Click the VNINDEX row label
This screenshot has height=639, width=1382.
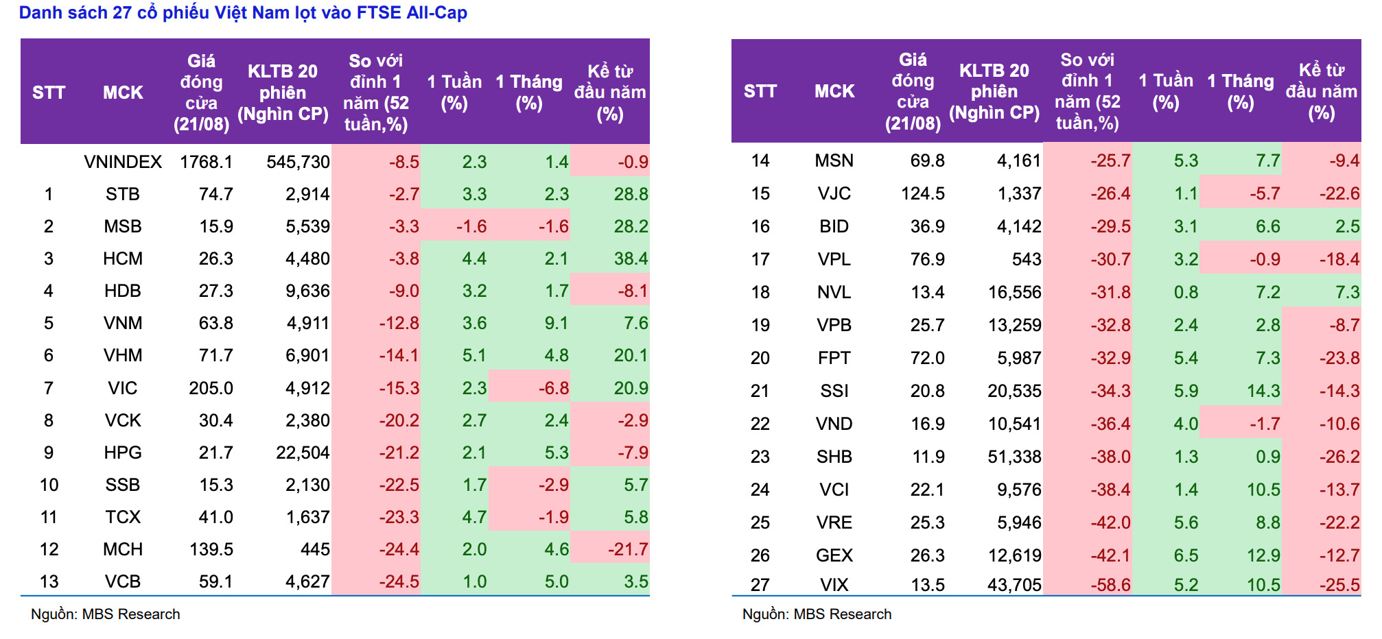123,162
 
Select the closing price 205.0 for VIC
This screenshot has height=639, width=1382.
211,388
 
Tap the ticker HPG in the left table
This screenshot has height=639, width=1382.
123,453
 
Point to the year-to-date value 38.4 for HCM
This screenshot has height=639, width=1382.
631,258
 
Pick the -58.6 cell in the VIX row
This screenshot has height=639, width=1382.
1110,585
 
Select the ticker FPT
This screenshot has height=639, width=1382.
834,358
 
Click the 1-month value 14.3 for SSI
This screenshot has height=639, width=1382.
1263,391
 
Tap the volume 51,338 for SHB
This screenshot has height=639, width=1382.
1014,457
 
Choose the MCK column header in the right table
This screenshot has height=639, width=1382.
834,91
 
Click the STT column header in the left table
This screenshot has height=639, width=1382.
49,93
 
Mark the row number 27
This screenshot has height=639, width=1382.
760,585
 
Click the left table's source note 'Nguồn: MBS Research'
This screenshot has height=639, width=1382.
106,614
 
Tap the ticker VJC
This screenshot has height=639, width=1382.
834,193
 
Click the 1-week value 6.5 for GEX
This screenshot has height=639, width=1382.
1186,555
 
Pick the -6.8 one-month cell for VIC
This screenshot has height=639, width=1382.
553,388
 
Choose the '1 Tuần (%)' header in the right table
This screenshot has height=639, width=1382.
1166,91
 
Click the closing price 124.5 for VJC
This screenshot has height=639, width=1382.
922,193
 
